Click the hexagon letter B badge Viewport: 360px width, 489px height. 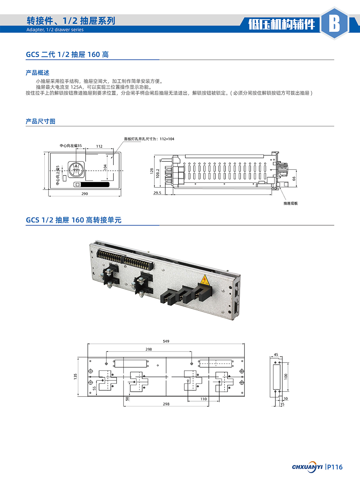click(334, 23)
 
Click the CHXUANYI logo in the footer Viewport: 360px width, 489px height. click(307, 467)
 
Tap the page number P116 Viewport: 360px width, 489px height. click(334, 467)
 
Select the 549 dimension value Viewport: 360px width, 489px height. click(166, 341)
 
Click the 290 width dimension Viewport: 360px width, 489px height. click(85, 194)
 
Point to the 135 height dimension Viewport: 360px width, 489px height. click(76, 376)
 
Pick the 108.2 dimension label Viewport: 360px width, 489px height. click(158, 173)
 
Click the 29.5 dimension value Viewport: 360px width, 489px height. click(157, 193)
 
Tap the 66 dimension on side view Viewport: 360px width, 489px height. click(294, 178)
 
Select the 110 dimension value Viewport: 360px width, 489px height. click(204, 399)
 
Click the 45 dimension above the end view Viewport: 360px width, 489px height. click(276, 355)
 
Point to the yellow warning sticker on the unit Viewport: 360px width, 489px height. click(204, 280)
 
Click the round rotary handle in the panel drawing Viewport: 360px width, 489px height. click(76, 170)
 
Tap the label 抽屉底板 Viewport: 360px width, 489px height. click(291, 204)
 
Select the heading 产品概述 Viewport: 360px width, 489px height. click(37, 73)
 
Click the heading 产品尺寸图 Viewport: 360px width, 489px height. click(40, 121)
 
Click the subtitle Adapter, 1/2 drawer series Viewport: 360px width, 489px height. click(55, 30)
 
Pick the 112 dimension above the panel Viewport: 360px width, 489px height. click(99, 146)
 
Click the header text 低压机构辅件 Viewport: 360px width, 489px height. click(282, 24)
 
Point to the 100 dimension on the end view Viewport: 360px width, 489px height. click(286, 376)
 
